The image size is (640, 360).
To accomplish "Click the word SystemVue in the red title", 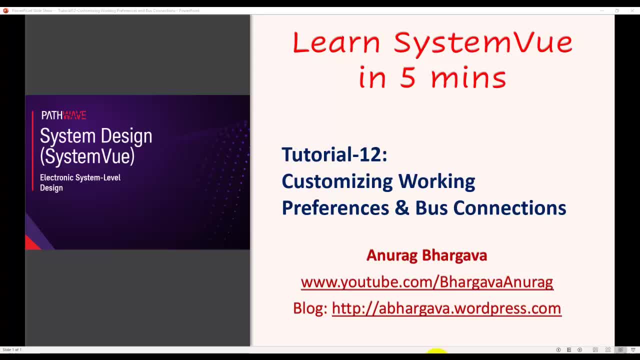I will click(482, 43).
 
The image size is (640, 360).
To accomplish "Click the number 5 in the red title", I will click(407, 78).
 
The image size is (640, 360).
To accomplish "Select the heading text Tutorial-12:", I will click(334, 154).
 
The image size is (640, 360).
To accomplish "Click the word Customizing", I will click(336, 181).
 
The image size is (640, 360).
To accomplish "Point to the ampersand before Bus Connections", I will click(401, 208).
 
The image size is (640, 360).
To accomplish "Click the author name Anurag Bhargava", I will click(426, 255).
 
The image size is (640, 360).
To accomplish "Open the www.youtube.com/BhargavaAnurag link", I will click(426, 282).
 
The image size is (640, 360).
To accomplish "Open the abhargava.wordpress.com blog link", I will click(446, 308).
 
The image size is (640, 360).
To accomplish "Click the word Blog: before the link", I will click(310, 308).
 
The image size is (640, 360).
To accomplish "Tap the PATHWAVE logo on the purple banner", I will click(63, 115).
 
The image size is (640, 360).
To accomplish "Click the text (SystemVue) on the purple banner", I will click(87, 156).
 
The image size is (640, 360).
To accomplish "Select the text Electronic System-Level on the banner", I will click(80, 177).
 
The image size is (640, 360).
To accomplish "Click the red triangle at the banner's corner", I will click(31, 243).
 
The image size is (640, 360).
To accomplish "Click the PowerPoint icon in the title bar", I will click(5, 10).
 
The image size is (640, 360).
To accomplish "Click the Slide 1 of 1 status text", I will click(12, 349).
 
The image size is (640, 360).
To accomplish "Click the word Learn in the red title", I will click(336, 43).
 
